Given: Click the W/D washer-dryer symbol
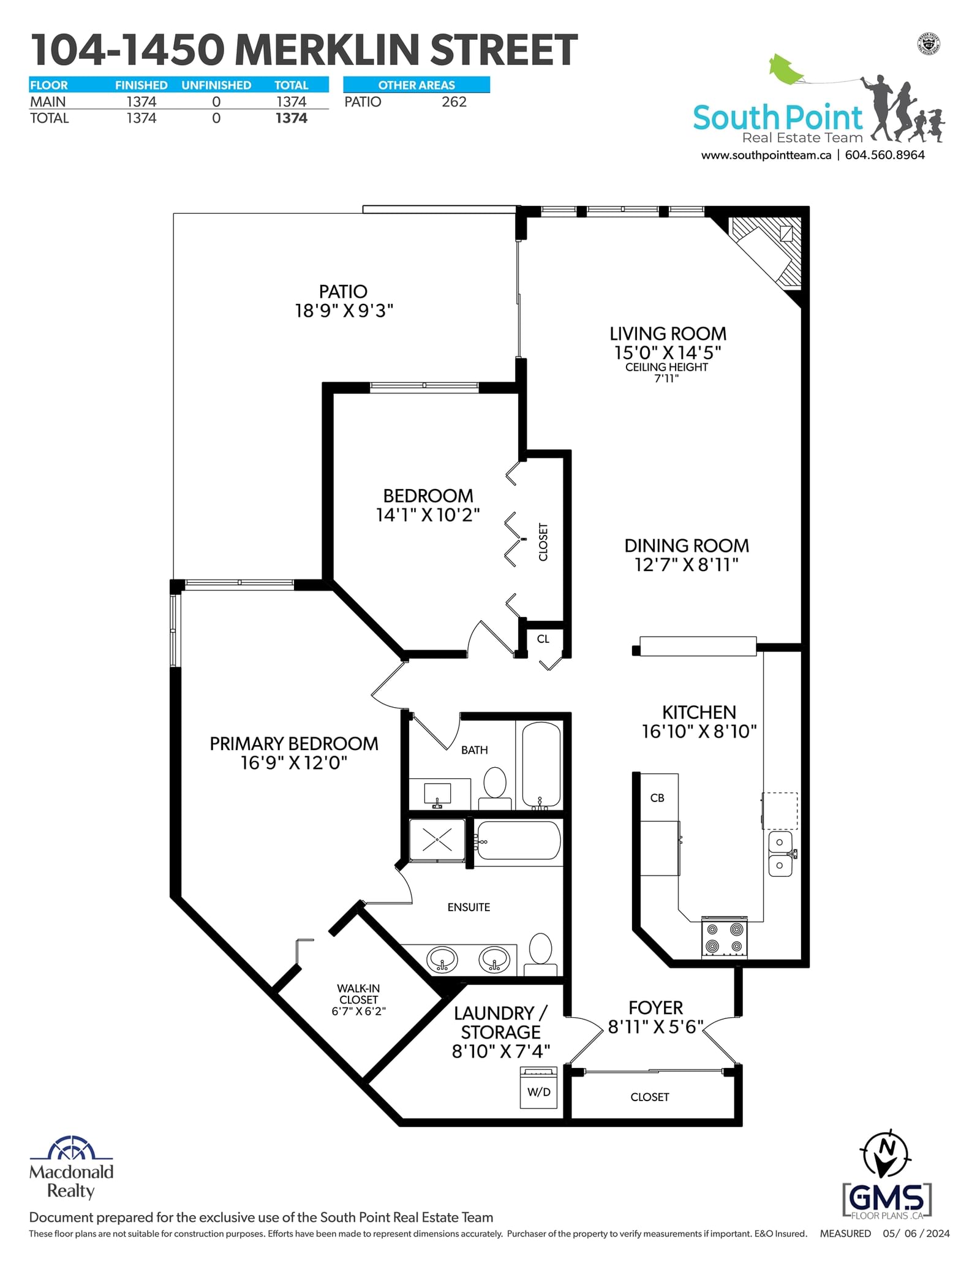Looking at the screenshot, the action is [x=539, y=1087].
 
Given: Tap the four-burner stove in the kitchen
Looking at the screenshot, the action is [x=724, y=938].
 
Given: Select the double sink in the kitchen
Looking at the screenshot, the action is [x=780, y=854].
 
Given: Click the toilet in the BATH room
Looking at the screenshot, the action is [x=495, y=789].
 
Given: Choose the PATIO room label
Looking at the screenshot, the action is [x=343, y=292].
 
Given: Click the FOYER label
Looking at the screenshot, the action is [x=655, y=1008].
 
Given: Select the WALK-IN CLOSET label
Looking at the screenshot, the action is [x=359, y=994].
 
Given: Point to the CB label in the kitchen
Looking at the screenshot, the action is [x=657, y=798].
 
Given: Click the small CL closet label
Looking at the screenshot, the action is [x=543, y=639].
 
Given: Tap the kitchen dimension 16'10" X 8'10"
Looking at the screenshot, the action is [x=699, y=732].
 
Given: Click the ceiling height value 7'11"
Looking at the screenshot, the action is [x=666, y=379].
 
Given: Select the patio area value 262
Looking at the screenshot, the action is [x=454, y=102].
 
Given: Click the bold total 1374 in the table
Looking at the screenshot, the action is [x=291, y=118].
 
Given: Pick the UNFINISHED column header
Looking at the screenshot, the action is [x=216, y=85].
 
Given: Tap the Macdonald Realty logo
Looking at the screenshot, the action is [x=72, y=1167].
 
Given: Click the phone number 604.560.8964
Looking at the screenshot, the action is [x=884, y=155].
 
